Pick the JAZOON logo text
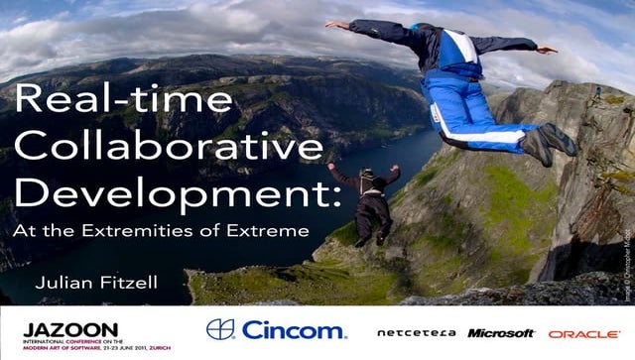pyautogui.click(x=57, y=329)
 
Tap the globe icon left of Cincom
pyautogui.click(x=220, y=329)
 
